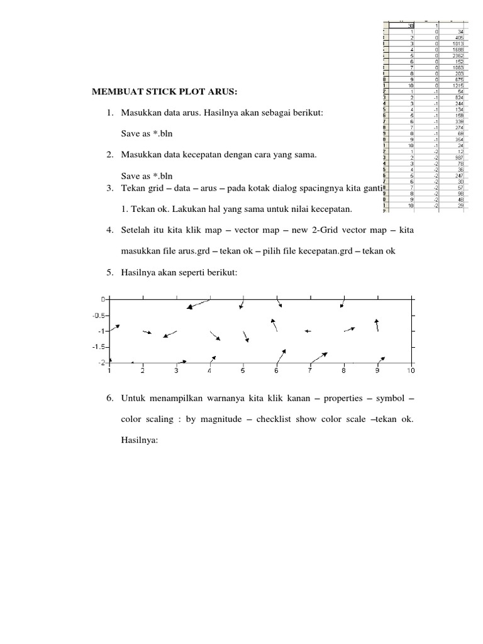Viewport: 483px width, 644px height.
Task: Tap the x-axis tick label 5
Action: click(x=243, y=371)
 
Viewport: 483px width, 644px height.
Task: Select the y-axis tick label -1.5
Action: click(x=98, y=347)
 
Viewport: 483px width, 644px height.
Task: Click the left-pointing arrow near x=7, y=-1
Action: click(x=308, y=331)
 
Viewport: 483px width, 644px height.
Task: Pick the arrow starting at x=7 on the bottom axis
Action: click(x=318, y=357)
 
